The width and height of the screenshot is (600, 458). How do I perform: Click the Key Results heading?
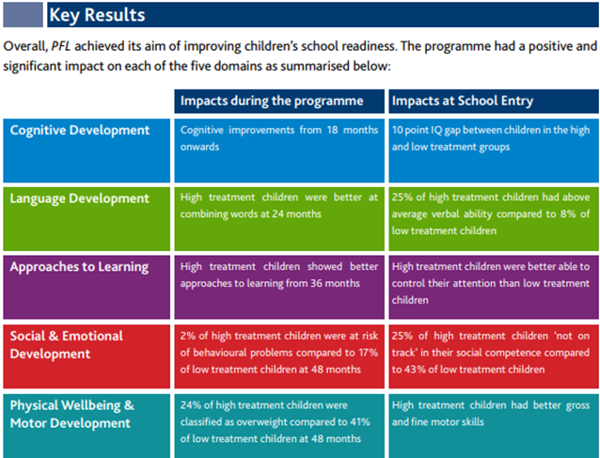tap(96, 15)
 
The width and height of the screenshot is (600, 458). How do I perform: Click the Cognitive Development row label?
tap(80, 130)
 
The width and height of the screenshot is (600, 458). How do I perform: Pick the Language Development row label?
tap(79, 198)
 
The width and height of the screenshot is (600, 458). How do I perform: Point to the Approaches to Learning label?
tap(79, 267)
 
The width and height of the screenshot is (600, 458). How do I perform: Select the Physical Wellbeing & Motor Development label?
tap(72, 414)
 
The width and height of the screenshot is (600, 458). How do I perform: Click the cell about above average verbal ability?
tap(492, 214)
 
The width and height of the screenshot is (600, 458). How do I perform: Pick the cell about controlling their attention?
tap(492, 283)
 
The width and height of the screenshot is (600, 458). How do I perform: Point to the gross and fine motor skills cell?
tap(492, 414)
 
